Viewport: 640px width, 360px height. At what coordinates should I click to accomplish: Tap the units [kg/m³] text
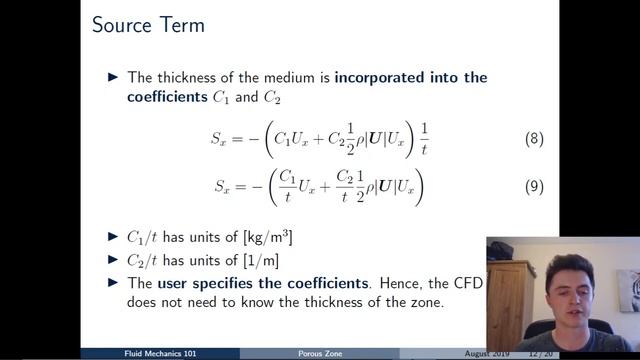[262, 237]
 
